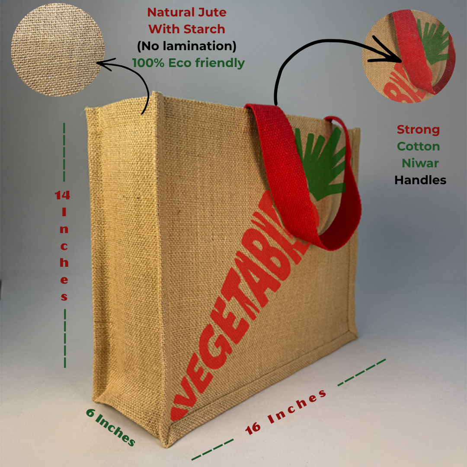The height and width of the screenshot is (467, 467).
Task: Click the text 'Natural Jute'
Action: [x=187, y=13]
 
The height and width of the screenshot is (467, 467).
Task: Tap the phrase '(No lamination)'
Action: [x=187, y=46]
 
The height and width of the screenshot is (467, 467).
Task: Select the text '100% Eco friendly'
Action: [x=188, y=63]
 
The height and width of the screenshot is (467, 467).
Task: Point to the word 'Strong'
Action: [x=418, y=130]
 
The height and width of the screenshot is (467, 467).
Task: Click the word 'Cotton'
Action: [x=418, y=146]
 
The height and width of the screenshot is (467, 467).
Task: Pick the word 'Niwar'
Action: [x=420, y=163]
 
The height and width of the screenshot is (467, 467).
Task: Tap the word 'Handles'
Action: [x=420, y=180]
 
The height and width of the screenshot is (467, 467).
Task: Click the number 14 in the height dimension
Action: [x=62, y=195]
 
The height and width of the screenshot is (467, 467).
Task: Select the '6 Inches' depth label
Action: [x=111, y=427]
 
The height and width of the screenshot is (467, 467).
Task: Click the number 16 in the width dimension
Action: [x=253, y=428]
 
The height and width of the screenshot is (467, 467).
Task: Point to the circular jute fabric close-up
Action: [x=58, y=49]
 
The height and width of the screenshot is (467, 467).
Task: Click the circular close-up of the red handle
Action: [x=409, y=56]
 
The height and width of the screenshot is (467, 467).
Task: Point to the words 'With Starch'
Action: [x=187, y=29]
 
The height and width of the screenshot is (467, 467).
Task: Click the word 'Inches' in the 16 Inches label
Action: [x=297, y=406]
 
